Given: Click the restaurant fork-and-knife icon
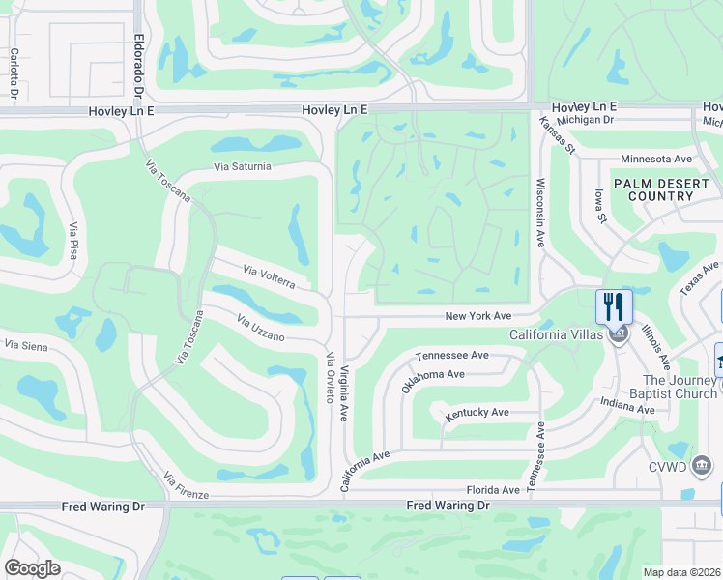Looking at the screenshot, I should point(614,307).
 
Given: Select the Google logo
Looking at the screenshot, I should point(32,568).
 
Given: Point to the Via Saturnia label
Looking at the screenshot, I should point(243,167).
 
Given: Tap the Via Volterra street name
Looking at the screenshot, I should point(269,276).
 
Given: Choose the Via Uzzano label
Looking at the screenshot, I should point(261,329).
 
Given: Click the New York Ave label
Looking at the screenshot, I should point(477,316).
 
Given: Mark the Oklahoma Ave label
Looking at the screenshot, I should point(433,380).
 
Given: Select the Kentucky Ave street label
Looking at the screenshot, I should point(477,413).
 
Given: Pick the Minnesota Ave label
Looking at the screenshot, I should point(656,159).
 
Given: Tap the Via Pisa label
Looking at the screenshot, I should point(73,240).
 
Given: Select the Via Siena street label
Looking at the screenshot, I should point(26,344).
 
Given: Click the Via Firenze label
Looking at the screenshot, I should point(185,486).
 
